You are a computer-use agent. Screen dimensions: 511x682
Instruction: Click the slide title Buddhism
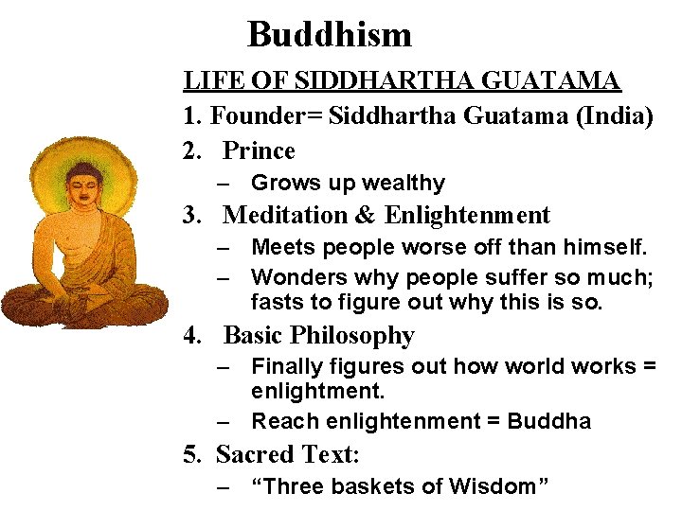[330, 35]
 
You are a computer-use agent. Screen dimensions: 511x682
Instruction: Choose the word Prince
[259, 150]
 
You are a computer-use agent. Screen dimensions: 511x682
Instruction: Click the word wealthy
[402, 183]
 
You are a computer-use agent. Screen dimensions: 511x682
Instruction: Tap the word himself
[607, 247]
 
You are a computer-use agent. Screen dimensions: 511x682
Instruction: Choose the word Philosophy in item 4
[352, 335]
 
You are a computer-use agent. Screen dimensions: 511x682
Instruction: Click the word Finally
[285, 366]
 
